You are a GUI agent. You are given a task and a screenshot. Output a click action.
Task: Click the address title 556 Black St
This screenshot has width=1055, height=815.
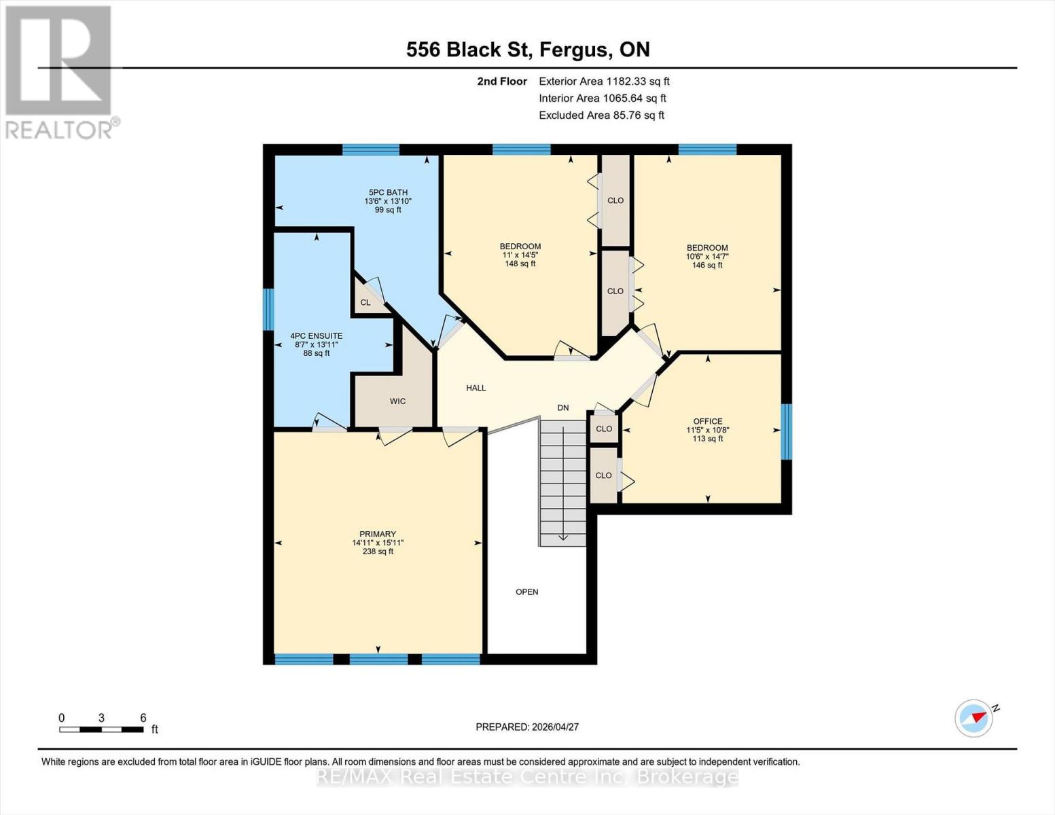click(528, 50)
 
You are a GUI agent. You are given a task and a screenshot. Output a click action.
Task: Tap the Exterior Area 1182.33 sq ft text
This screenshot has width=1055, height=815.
click(604, 81)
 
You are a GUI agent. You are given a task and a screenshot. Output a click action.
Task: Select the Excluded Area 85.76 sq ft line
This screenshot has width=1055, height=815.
click(601, 115)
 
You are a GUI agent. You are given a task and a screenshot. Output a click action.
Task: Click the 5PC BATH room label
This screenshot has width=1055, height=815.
click(388, 192)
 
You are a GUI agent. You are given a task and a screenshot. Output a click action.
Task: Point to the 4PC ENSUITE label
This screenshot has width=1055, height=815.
click(317, 336)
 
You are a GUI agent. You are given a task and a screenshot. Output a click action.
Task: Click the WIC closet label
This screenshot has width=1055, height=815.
click(397, 401)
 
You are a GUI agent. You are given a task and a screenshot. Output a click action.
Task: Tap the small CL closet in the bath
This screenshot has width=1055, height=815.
click(365, 302)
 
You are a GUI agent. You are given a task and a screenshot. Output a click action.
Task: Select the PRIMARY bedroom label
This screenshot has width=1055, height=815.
click(378, 534)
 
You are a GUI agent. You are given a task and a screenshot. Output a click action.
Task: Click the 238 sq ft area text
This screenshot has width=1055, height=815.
click(378, 551)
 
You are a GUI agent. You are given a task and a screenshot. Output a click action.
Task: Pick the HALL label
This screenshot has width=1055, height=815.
click(476, 388)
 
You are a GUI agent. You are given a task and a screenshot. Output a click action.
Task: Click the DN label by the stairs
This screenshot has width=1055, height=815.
click(563, 407)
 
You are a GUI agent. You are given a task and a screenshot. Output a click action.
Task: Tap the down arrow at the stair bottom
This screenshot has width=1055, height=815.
click(563, 537)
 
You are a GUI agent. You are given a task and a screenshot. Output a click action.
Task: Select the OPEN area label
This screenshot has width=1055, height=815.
click(527, 592)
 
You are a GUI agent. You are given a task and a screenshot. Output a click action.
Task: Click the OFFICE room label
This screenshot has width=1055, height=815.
click(708, 421)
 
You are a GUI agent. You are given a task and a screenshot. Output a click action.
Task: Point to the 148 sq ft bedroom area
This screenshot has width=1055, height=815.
click(520, 264)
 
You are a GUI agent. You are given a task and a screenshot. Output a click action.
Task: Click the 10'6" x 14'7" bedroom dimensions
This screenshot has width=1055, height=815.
click(707, 257)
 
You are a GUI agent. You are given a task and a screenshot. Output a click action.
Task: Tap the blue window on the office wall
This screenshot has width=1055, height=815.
click(786, 432)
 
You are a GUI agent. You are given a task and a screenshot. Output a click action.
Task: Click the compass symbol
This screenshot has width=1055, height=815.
click(973, 718)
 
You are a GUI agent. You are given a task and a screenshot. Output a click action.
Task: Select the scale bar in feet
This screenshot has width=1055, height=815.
click(101, 729)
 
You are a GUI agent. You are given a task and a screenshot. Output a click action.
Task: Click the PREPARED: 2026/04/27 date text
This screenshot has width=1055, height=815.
click(527, 727)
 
